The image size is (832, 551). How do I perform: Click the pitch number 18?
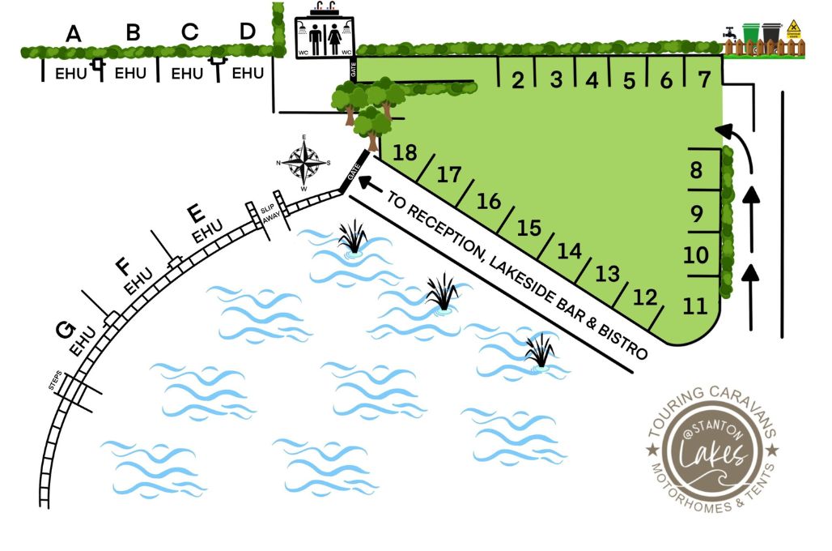(x=405, y=152)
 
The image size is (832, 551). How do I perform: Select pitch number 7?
(x=703, y=79)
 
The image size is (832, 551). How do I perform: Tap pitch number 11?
(x=694, y=307)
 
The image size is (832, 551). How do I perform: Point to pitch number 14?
(x=570, y=251)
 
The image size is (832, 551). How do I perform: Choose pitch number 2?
(x=518, y=79)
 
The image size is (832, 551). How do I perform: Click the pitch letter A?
(x=74, y=34)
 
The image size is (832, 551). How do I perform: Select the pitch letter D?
(x=248, y=31)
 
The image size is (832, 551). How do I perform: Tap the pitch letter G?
(x=65, y=331)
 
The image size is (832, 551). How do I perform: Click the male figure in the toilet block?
(x=314, y=38)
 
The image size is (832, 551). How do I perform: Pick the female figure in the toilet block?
(x=335, y=38)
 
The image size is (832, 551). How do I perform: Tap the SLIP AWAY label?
(x=266, y=218)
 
